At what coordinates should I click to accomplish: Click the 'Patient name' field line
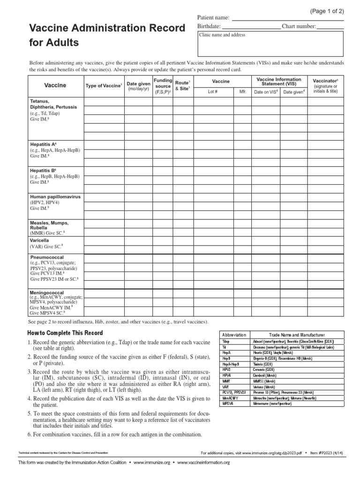[x=288, y=19]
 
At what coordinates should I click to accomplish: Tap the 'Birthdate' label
[x=209, y=27]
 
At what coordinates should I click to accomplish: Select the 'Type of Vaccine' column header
[x=104, y=85]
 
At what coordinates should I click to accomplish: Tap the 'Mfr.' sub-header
[x=243, y=92]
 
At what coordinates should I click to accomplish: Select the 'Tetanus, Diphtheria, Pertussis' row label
[x=53, y=104]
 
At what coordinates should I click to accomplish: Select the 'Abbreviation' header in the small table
[x=233, y=335]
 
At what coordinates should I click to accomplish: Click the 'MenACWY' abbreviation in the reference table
[x=230, y=397]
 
